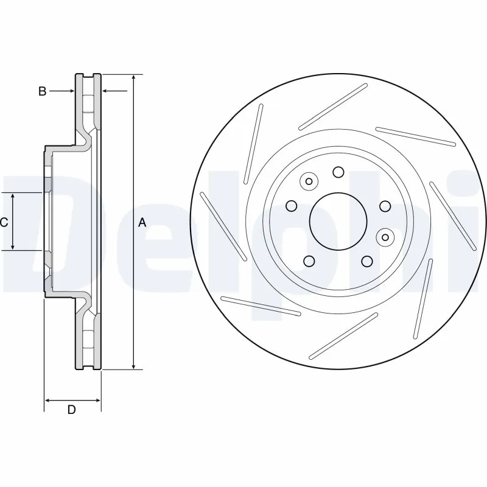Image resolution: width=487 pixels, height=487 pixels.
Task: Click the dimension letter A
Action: (x=142, y=223)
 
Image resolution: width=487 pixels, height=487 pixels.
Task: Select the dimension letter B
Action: (x=42, y=91)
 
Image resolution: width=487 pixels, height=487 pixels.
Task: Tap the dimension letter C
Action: (x=4, y=223)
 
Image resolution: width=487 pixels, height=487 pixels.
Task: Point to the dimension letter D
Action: (x=71, y=410)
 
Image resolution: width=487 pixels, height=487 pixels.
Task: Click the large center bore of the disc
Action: (x=338, y=221)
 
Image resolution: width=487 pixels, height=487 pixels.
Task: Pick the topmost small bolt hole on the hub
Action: (x=338, y=172)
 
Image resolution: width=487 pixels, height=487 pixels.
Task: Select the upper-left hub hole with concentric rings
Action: (x=309, y=181)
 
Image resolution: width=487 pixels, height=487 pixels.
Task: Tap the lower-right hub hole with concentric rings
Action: (x=384, y=236)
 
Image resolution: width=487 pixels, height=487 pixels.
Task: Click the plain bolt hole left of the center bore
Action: (x=291, y=205)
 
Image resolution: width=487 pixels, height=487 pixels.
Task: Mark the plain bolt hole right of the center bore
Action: (x=385, y=206)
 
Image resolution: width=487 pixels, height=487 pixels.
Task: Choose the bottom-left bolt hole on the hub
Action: (x=309, y=261)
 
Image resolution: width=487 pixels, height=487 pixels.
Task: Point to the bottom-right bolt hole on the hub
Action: (x=367, y=261)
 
